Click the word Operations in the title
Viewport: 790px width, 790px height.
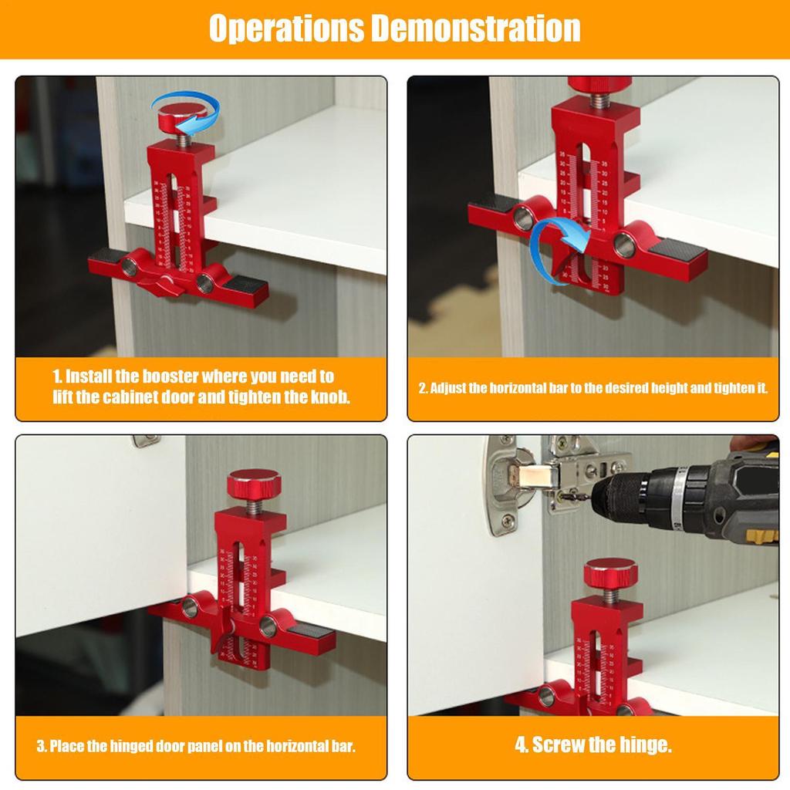[x=286, y=29]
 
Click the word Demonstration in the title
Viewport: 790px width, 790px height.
[x=476, y=29]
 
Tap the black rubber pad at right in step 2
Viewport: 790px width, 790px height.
[x=677, y=249]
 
